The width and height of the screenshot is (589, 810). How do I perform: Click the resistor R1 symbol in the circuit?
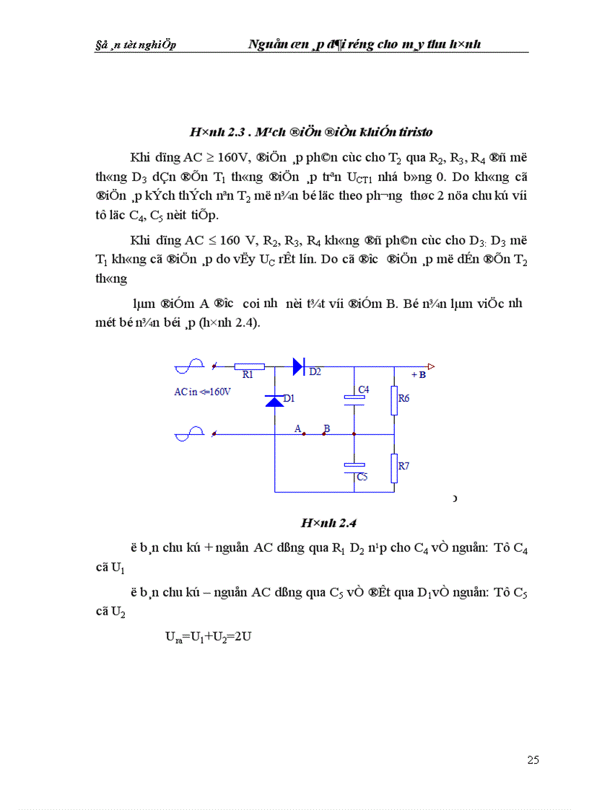(x=250, y=367)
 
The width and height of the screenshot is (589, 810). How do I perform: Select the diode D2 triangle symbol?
(x=298, y=366)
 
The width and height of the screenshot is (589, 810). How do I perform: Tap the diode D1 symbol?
(x=274, y=401)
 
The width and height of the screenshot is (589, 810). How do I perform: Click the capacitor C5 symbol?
(x=354, y=467)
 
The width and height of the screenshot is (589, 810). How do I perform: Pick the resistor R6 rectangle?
(x=394, y=400)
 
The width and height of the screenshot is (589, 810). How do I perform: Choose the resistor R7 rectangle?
(x=394, y=467)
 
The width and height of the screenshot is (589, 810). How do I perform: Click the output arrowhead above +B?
(x=430, y=366)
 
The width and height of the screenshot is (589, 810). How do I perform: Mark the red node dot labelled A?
(x=303, y=434)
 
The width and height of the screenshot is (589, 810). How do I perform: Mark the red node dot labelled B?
(x=323, y=434)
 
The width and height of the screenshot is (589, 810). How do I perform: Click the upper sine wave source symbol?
(x=186, y=367)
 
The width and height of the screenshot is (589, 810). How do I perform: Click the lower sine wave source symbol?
(x=186, y=434)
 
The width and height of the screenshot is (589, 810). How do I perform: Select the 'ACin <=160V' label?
(x=202, y=392)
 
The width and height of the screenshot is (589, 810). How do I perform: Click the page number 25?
(x=533, y=760)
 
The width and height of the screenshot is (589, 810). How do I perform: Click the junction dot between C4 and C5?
(x=354, y=434)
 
